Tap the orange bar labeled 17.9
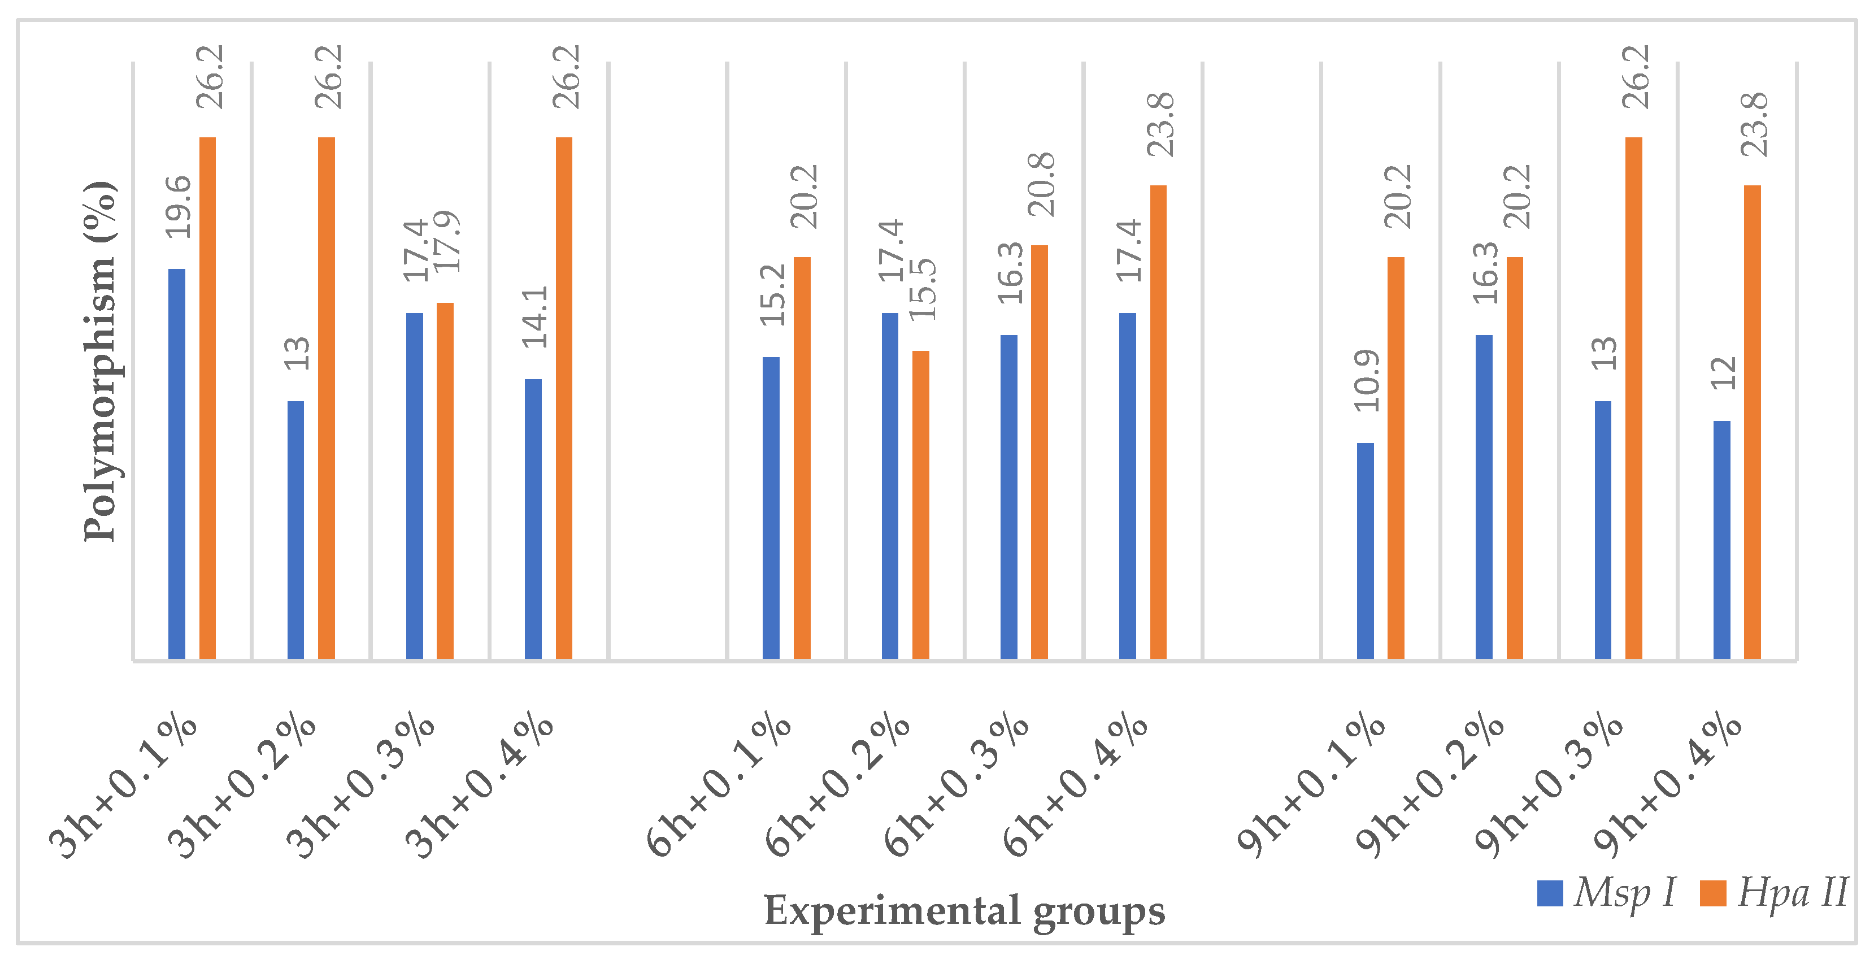[445, 481]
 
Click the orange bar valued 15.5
[921, 505]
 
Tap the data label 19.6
[178, 207]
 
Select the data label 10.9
[1366, 380]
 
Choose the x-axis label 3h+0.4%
[481, 786]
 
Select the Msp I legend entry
[1608, 893]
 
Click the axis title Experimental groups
[964, 911]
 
